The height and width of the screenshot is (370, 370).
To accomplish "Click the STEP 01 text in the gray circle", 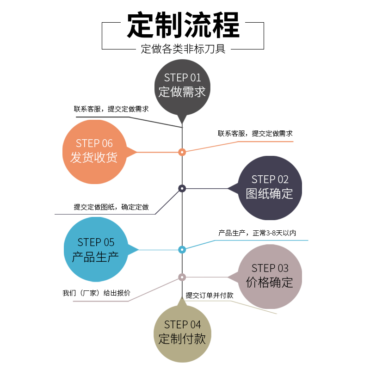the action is click(182, 77).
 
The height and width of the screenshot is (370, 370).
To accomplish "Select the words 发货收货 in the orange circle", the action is click(94, 157).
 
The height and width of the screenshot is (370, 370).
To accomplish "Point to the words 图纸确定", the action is click(270, 193).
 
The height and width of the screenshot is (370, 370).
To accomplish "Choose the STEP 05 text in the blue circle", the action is click(96, 242).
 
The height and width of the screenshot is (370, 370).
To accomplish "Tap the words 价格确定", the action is click(270, 282).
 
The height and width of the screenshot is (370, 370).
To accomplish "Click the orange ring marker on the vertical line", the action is click(182, 152).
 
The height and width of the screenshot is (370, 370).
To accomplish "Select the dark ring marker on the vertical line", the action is click(182, 188).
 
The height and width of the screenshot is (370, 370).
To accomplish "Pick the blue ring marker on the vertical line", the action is click(182, 250).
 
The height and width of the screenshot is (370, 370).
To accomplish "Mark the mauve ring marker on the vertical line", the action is click(182, 277).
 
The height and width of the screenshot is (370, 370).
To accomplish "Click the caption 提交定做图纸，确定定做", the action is click(111, 207).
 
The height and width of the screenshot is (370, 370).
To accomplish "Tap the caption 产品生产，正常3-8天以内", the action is click(257, 233).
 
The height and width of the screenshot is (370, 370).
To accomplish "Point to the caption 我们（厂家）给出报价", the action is click(97, 293).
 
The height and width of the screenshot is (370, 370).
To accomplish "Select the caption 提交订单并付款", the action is click(210, 295).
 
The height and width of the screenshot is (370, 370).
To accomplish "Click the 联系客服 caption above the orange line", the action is click(255, 134).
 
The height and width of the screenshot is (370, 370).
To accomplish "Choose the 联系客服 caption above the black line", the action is click(111, 110).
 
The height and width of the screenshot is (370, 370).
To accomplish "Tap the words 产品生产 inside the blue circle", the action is click(95, 257).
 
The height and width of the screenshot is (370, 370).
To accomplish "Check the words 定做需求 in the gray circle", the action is click(182, 92).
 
